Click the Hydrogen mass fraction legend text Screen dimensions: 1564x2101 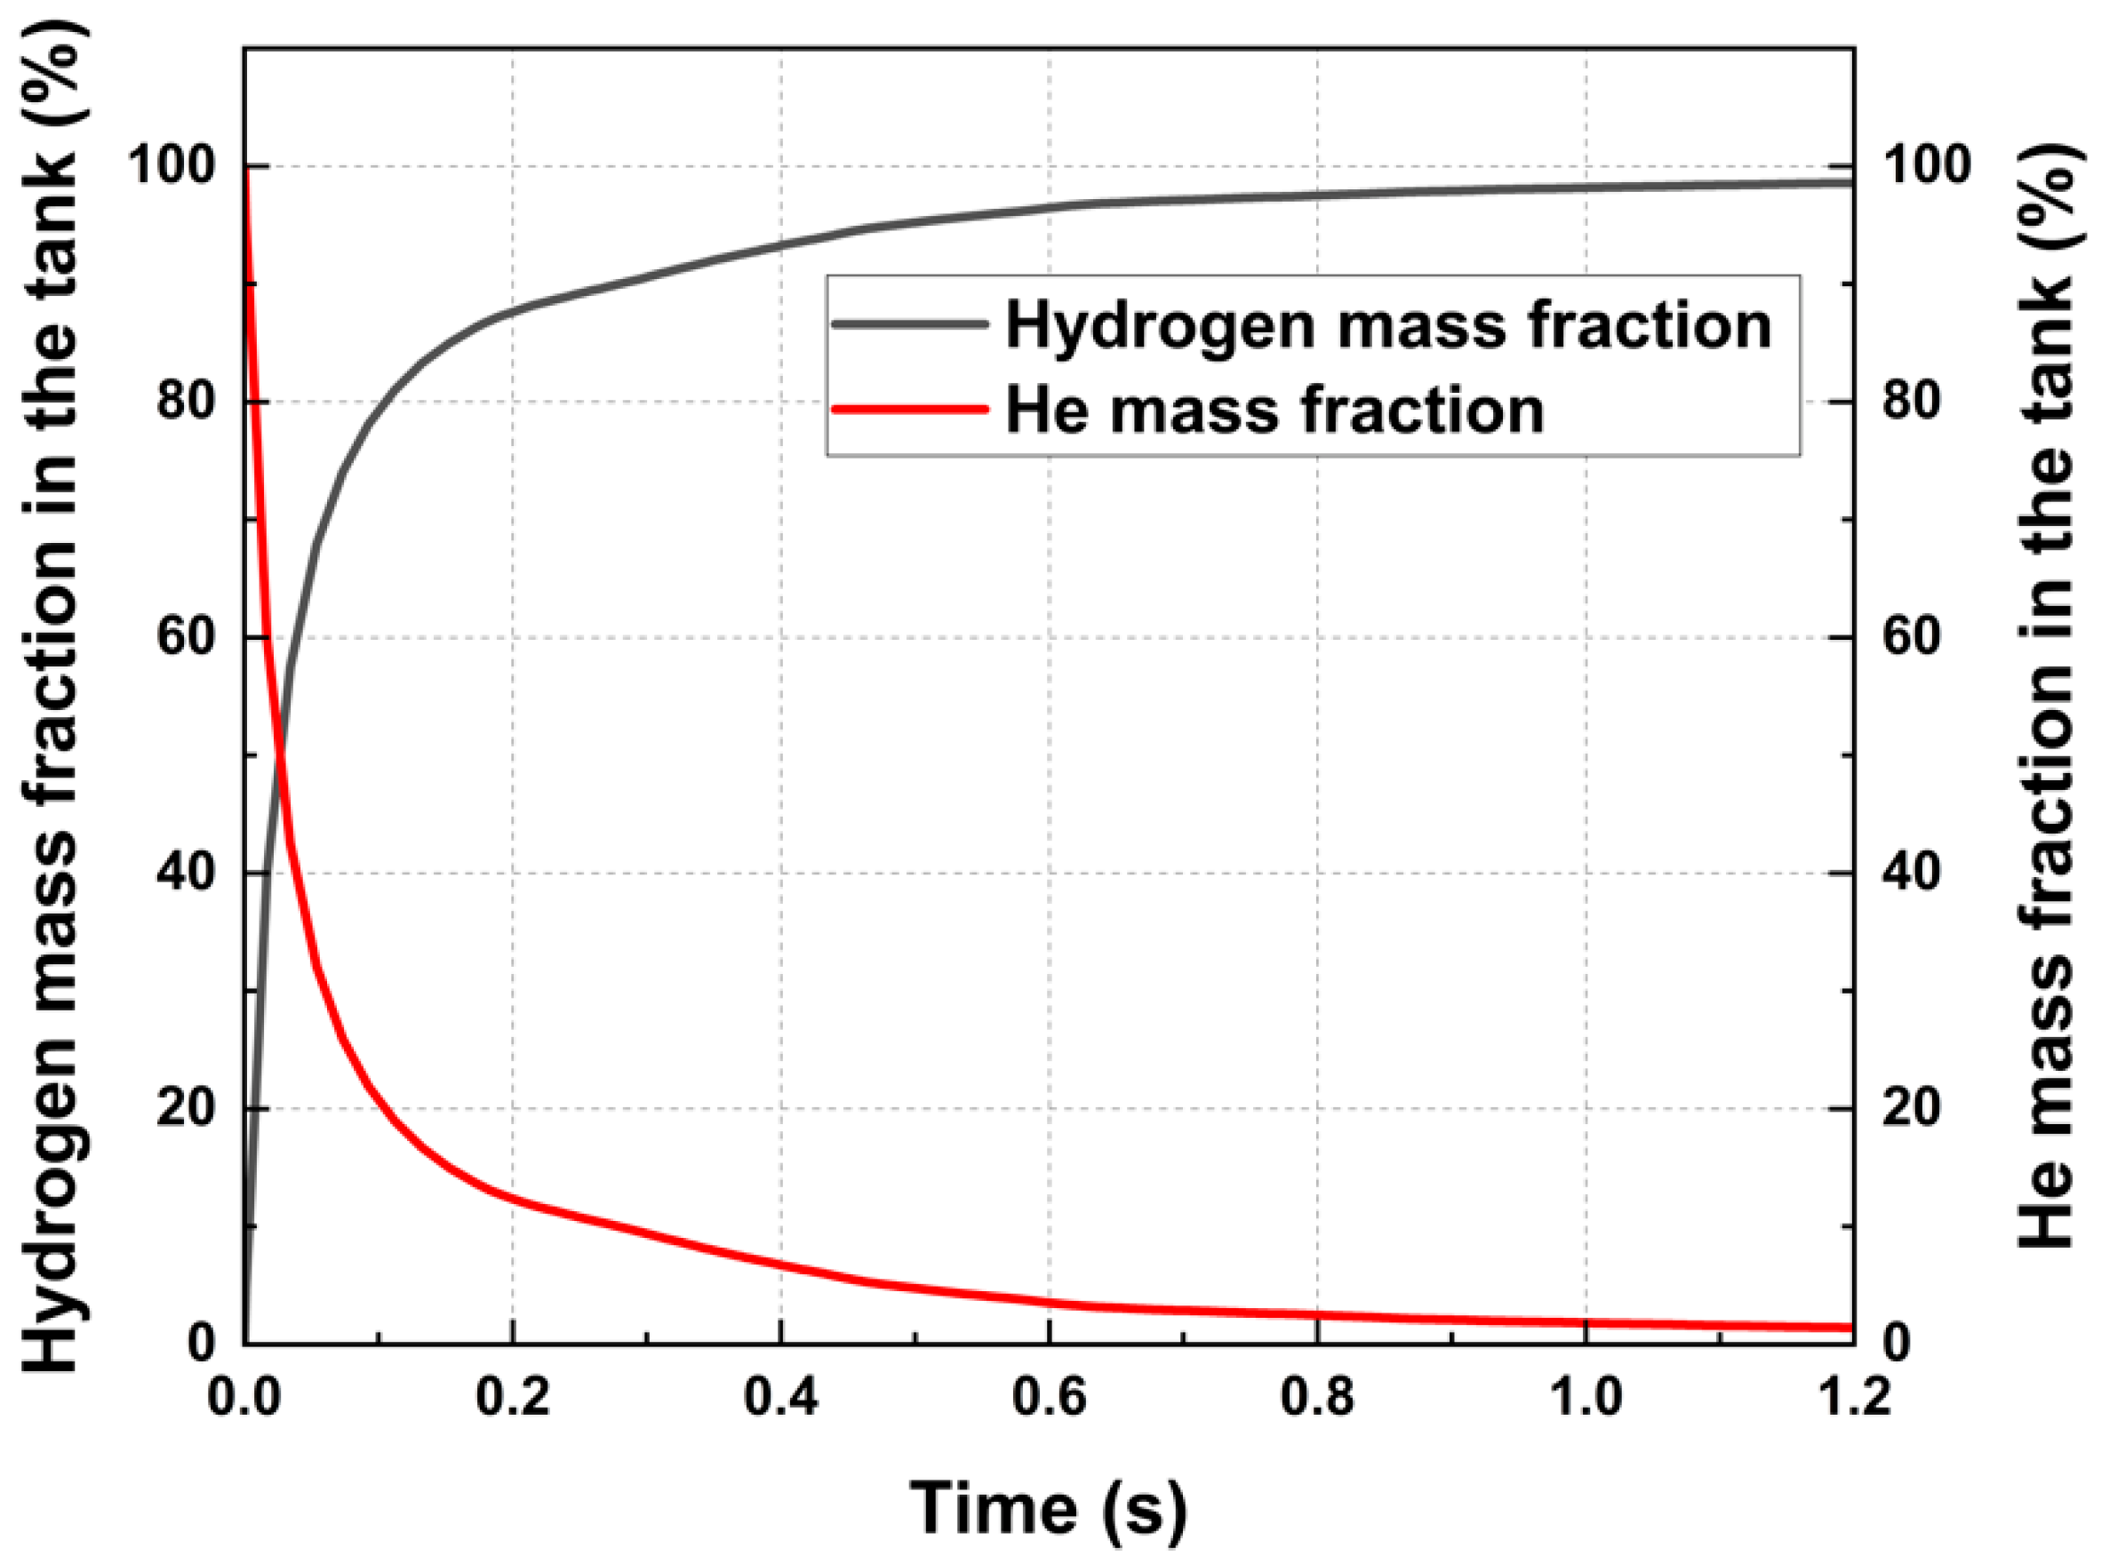coord(1388,325)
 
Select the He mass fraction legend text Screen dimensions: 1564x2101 coord(1274,411)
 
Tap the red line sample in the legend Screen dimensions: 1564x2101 coord(910,409)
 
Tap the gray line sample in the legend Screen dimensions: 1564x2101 coord(910,323)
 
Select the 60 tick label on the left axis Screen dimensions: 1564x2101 coord(185,637)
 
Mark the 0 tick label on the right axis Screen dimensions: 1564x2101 coord(1897,1344)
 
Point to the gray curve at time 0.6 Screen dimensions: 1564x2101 coord(1049,206)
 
